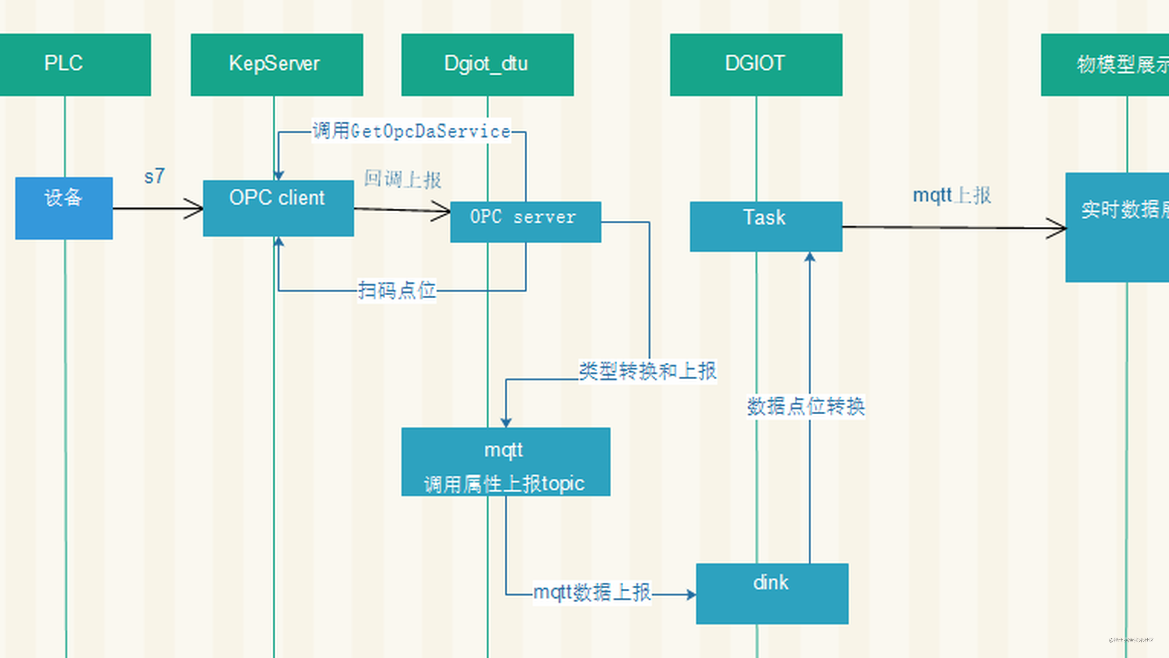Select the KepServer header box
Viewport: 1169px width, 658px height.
pos(276,65)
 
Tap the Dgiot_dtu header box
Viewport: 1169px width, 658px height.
pos(487,65)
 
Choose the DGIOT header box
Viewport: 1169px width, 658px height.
pos(756,65)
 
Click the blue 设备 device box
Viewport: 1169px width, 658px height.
pos(63,208)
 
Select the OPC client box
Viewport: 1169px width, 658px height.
pos(278,208)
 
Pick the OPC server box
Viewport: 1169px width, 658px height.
pos(525,221)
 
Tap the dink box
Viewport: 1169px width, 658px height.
pos(772,593)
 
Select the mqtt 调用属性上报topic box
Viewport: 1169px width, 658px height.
pos(505,461)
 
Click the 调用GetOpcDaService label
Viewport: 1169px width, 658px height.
pos(411,131)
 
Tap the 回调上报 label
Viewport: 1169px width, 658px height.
pos(402,179)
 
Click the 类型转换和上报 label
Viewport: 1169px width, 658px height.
pos(648,371)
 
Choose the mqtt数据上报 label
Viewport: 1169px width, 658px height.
pos(592,593)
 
